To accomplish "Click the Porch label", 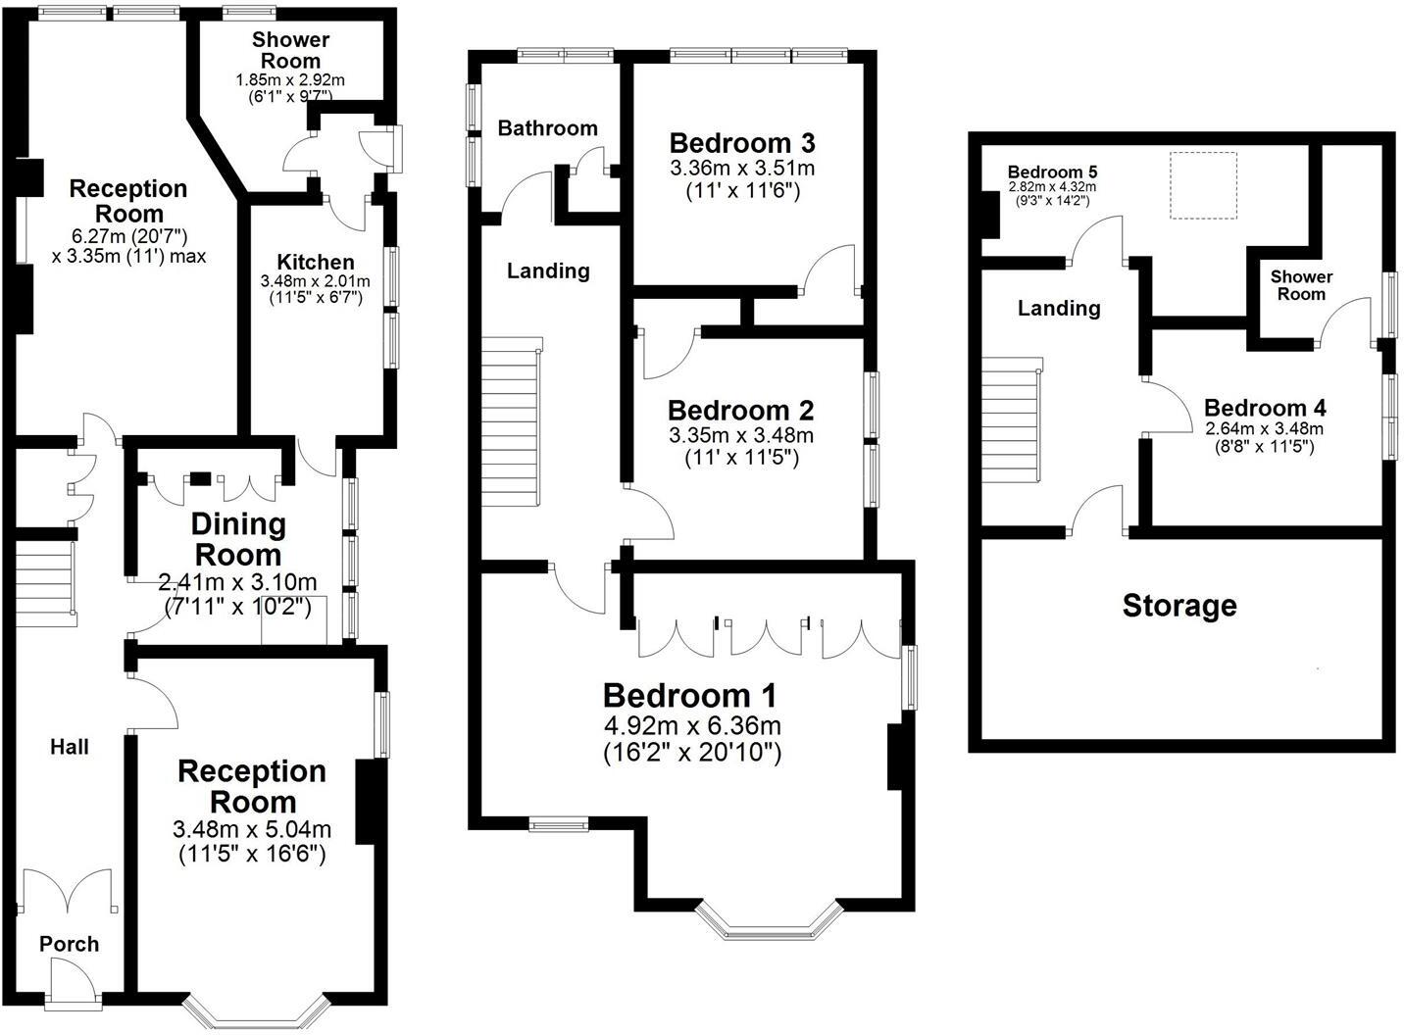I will click(x=69, y=944).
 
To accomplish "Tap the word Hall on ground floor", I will click(x=70, y=747).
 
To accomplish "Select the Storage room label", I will click(x=1178, y=606).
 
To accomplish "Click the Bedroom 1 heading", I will click(x=689, y=696).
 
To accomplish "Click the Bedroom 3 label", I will click(x=741, y=143).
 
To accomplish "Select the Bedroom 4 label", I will click(x=1265, y=408).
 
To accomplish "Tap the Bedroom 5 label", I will click(x=1051, y=172).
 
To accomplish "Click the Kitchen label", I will click(x=315, y=262).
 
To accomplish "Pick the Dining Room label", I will click(x=238, y=539).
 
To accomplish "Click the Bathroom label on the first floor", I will click(x=547, y=128).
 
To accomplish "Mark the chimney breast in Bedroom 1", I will click(x=894, y=757).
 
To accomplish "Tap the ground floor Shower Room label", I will click(x=290, y=50).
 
